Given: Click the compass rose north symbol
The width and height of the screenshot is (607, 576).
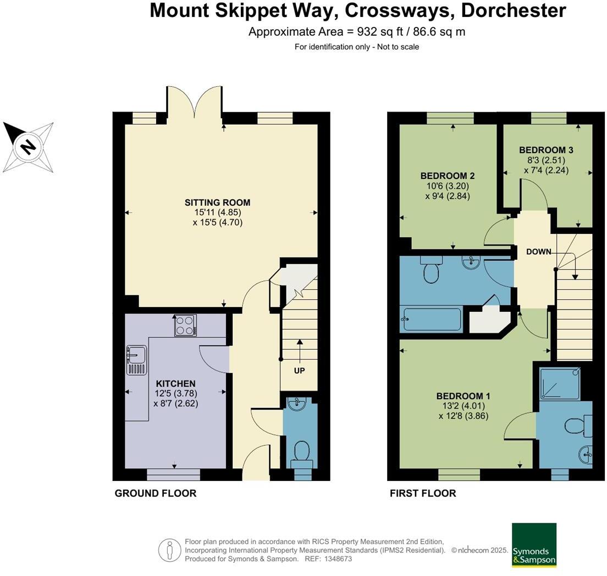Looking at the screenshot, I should (x=28, y=147).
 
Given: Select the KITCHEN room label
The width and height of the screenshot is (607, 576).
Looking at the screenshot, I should (x=175, y=383).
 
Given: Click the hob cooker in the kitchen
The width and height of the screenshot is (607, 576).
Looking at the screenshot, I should (x=185, y=325).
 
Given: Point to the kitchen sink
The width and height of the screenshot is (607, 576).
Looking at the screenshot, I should (x=136, y=360).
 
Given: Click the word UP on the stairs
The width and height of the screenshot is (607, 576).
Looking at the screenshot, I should (x=299, y=371).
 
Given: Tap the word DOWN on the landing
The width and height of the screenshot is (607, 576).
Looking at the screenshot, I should (x=538, y=252).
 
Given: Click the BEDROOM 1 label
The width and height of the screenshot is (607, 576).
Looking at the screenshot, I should (x=463, y=396).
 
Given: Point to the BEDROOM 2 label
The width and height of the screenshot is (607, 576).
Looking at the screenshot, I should (x=447, y=176).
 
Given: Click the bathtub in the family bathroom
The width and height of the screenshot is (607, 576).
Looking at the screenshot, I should (x=432, y=319).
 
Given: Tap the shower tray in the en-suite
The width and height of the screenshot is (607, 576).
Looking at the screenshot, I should (x=559, y=383).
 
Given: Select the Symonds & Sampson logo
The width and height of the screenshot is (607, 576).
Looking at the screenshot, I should (x=534, y=545).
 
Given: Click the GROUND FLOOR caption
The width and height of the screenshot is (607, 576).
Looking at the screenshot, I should (x=155, y=493).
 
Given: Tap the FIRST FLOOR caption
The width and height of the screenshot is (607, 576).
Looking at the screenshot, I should (x=423, y=493).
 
